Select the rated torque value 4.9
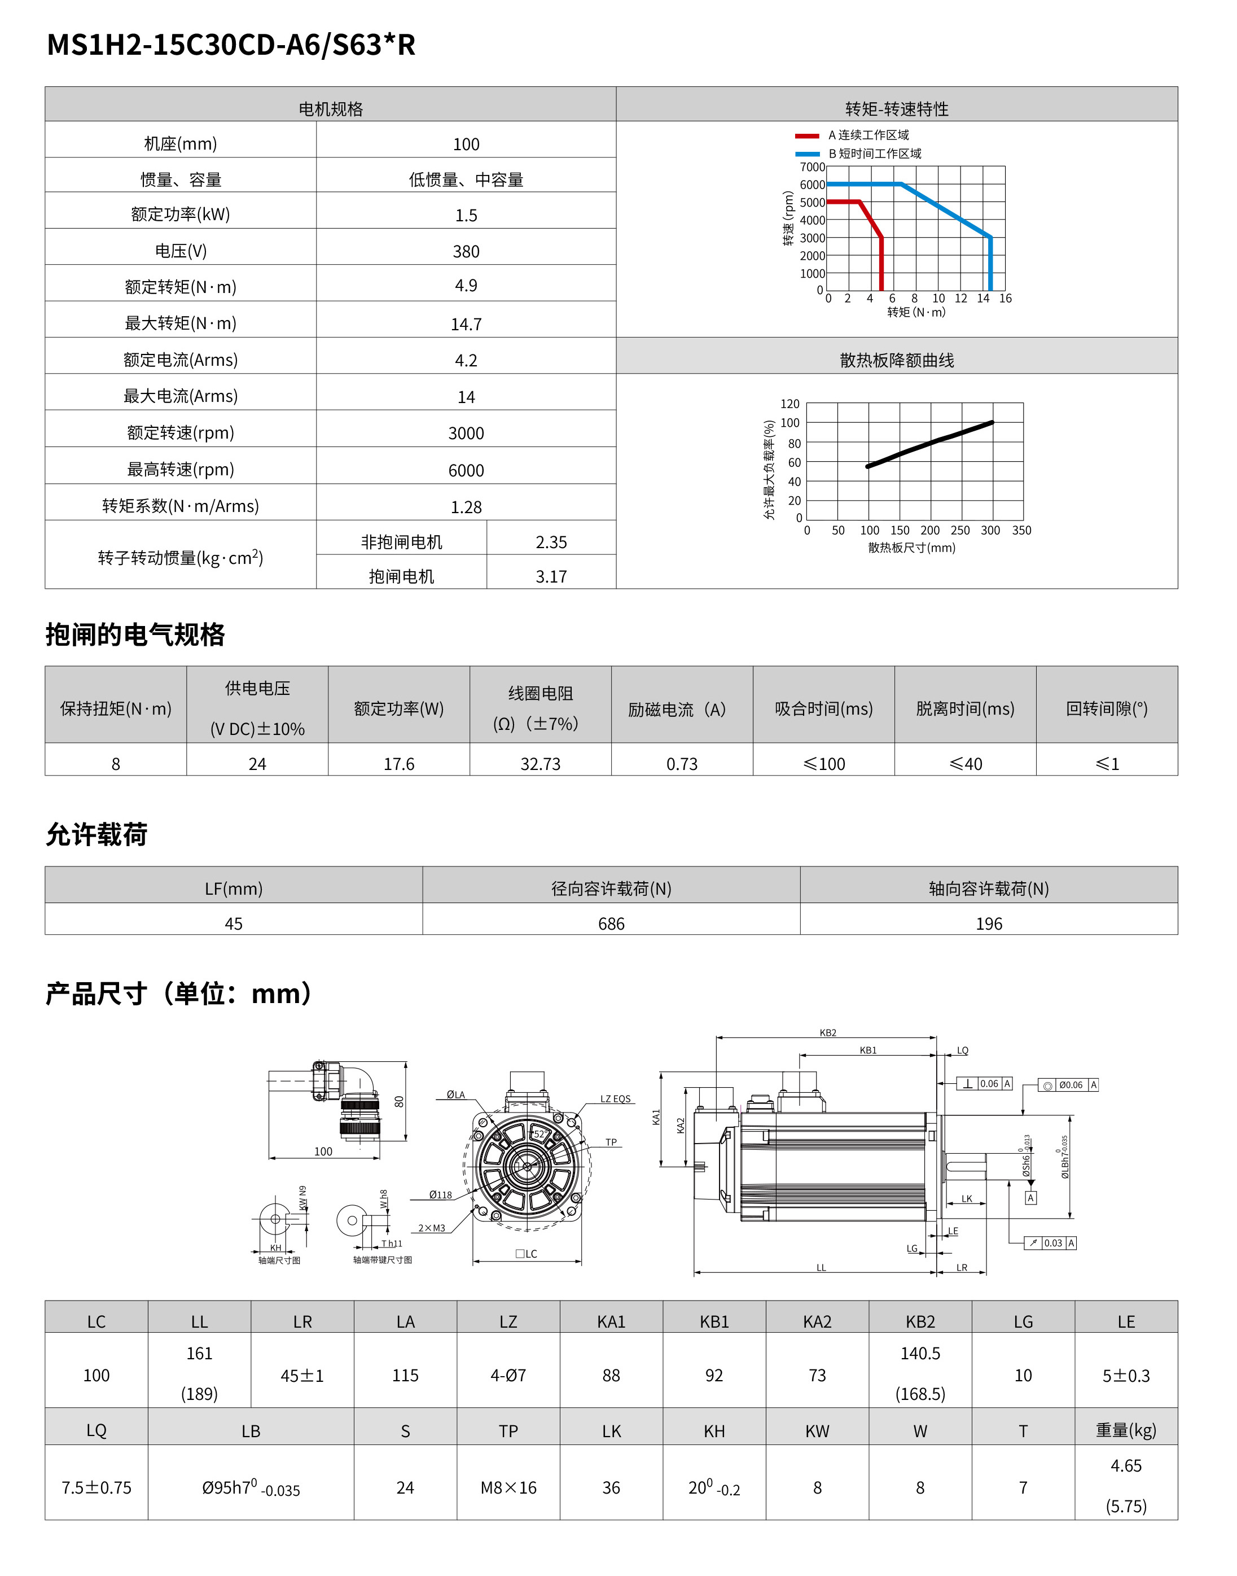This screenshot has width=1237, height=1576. (x=466, y=286)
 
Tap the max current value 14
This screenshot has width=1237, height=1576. (x=466, y=397)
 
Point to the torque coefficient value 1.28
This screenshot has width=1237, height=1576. (x=466, y=507)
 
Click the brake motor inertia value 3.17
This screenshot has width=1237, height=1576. (x=551, y=576)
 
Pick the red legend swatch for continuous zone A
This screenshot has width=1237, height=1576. (x=807, y=135)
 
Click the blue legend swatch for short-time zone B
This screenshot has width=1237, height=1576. (x=807, y=154)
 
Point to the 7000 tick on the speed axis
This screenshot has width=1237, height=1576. (x=812, y=167)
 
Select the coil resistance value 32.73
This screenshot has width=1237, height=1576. (x=540, y=764)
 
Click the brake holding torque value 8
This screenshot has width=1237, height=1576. (x=116, y=764)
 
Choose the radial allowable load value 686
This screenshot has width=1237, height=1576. (x=611, y=923)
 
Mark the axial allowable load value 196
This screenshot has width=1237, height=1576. (x=989, y=923)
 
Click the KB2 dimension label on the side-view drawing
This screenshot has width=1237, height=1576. (x=828, y=1033)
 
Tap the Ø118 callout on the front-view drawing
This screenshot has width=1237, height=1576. (x=440, y=1195)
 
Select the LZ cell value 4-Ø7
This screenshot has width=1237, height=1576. (x=508, y=1376)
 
